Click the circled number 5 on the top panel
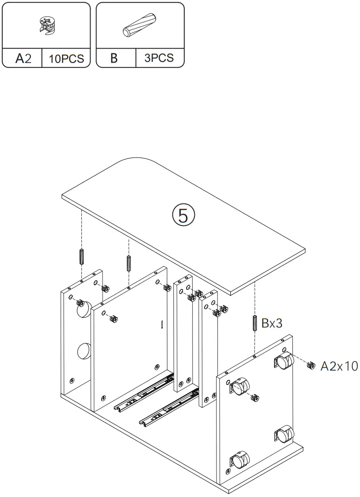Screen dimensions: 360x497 [183, 215]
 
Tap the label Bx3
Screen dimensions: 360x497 [272, 323]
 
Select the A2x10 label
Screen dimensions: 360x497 [339, 366]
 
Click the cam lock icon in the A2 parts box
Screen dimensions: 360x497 [46, 26]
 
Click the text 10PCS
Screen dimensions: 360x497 [66, 59]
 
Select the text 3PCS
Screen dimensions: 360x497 [159, 58]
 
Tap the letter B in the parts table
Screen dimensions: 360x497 [114, 58]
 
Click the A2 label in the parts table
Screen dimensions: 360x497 [23, 59]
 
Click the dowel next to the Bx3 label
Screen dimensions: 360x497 [255, 322]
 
